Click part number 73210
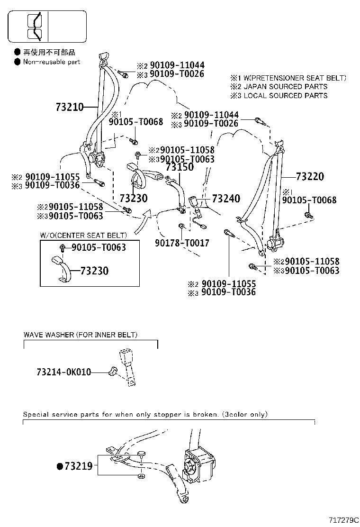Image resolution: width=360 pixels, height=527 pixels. coord(69,107)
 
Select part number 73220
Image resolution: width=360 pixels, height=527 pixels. coord(310,177)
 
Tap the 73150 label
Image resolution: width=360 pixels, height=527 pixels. coord(180,167)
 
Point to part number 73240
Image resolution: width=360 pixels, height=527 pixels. coord(226,199)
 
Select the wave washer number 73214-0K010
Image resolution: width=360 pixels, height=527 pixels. coord(64,373)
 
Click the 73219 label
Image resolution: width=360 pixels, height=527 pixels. coord(79,466)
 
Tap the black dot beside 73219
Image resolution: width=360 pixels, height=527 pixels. coord(60,466)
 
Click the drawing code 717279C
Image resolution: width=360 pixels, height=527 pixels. coord(343,520)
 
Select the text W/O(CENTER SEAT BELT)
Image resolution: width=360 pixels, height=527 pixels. coord(83,235)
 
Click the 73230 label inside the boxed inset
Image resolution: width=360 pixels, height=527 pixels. coord(94,271)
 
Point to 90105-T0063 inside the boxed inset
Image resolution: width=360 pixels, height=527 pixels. coord(99,247)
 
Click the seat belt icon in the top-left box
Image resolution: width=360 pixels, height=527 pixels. coord(35,27)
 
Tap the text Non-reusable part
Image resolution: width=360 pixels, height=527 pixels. coord(52,62)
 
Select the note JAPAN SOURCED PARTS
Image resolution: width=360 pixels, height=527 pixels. coord(285,87)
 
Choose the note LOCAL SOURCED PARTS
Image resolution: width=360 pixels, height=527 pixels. coord(285,96)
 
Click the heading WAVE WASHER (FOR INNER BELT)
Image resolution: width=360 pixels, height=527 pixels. coord(81,335)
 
